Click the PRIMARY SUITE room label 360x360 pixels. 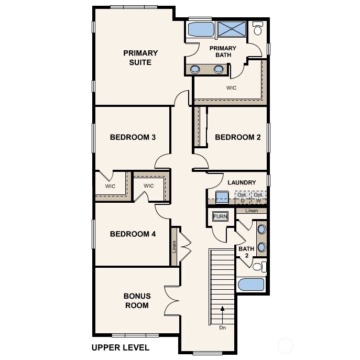(x=140, y=58)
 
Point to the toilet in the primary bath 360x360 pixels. (x=258, y=29)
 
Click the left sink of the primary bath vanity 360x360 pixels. (x=195, y=69)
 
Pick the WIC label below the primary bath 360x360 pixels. (x=231, y=88)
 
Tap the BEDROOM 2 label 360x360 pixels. (x=238, y=137)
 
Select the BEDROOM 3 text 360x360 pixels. (x=133, y=137)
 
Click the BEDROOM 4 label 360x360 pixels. (x=133, y=234)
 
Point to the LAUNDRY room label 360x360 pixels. (x=242, y=182)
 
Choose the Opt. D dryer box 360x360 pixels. (x=242, y=198)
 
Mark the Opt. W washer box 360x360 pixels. (x=258, y=198)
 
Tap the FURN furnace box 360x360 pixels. (x=219, y=216)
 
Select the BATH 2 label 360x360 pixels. (x=246, y=252)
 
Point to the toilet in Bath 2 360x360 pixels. (x=256, y=267)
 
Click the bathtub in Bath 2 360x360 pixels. (x=252, y=285)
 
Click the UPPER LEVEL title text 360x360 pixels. (x=120, y=347)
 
